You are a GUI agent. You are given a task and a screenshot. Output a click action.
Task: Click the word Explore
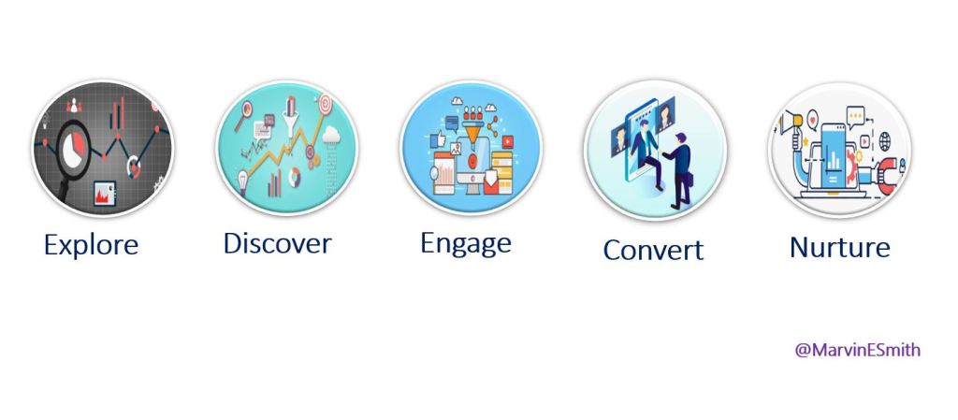(91, 245)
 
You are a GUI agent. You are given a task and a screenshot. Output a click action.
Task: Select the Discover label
(277, 243)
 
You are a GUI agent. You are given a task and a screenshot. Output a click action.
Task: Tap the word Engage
(466, 244)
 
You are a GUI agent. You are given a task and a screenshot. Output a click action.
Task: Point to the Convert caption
(653, 250)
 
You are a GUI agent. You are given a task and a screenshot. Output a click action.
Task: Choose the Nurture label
(839, 247)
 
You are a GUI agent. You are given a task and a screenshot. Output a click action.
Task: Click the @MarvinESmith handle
(857, 350)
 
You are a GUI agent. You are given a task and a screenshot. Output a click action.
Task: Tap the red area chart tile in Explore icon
(105, 193)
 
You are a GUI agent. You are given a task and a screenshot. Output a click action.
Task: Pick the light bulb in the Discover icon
(243, 181)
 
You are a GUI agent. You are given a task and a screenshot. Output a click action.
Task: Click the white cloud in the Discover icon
(331, 135)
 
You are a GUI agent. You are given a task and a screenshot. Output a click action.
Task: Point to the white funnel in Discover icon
(291, 115)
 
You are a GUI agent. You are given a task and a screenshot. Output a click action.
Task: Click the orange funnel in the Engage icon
(472, 130)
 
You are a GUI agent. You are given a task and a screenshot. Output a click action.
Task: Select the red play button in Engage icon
(507, 142)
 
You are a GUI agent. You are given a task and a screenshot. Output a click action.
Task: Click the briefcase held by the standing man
(690, 180)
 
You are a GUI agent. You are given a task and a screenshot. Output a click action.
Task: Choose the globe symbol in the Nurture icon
(885, 141)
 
